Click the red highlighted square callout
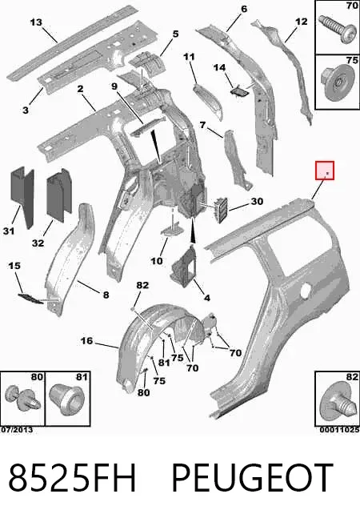(x=325, y=171)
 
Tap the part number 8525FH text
(x=72, y=477)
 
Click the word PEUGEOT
(x=252, y=477)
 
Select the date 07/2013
(x=17, y=430)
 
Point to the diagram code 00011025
(x=339, y=430)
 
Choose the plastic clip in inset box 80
(x=22, y=399)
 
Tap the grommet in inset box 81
(x=67, y=399)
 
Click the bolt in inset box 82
(x=336, y=403)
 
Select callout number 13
(x=36, y=22)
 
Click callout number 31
(x=9, y=231)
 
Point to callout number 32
(x=38, y=243)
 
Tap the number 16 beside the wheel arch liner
(x=86, y=341)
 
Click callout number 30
(x=257, y=201)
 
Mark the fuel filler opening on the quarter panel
(x=306, y=291)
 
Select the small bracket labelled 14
(x=239, y=91)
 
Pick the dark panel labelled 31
(x=23, y=196)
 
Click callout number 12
(x=301, y=22)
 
